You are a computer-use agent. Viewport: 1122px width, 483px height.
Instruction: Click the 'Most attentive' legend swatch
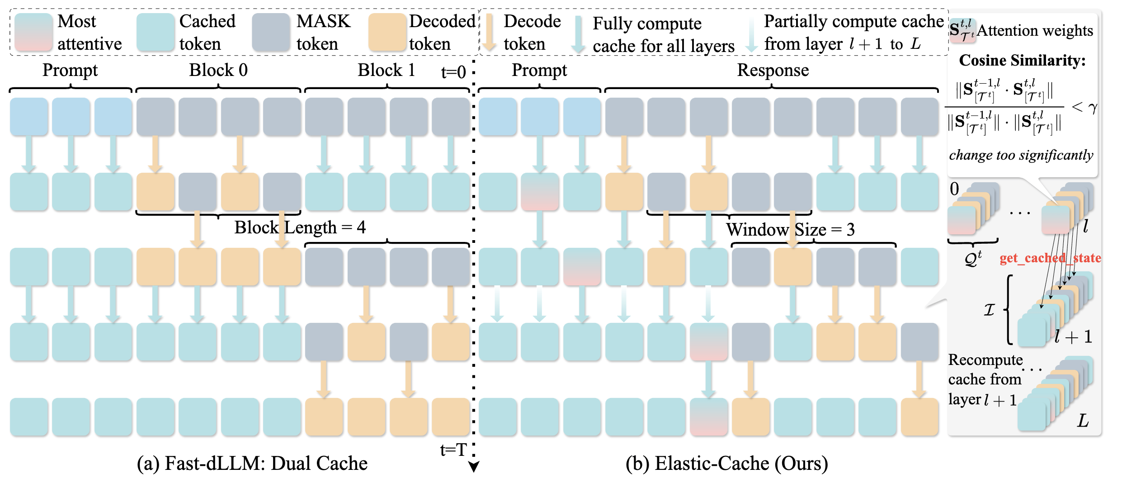pos(33,32)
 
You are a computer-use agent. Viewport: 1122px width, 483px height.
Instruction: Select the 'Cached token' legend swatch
pos(156,32)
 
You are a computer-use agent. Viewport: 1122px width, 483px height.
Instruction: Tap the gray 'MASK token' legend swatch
pos(271,32)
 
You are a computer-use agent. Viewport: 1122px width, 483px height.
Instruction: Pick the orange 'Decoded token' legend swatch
pos(387,32)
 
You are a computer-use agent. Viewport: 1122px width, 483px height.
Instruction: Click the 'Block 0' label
pos(218,70)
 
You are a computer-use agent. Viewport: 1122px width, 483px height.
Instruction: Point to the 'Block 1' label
pos(386,70)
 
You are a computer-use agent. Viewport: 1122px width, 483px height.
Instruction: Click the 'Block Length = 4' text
pos(300,227)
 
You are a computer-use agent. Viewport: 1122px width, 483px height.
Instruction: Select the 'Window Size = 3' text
pos(790,230)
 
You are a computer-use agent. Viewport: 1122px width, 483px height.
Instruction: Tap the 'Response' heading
pos(773,70)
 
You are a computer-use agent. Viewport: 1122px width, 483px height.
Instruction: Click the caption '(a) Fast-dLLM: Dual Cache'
pos(252,463)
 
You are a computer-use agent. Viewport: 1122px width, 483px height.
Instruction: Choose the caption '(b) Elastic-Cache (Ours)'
pos(726,463)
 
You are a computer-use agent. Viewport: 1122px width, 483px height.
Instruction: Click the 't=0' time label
pos(453,72)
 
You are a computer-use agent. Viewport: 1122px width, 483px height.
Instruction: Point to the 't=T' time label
pos(453,450)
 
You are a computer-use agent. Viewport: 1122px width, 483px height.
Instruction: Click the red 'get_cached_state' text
pos(1050,258)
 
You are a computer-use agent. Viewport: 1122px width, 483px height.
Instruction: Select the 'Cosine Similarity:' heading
pos(1022,60)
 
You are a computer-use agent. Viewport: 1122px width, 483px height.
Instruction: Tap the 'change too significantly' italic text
pos(1021,155)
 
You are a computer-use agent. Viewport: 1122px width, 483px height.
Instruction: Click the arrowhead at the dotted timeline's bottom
pos(473,467)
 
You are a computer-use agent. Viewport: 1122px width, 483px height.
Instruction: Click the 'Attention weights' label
pos(1035,31)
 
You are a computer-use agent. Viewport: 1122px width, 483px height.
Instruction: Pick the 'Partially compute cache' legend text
pos(853,21)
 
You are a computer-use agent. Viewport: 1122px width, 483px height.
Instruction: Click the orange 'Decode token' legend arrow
pos(489,32)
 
